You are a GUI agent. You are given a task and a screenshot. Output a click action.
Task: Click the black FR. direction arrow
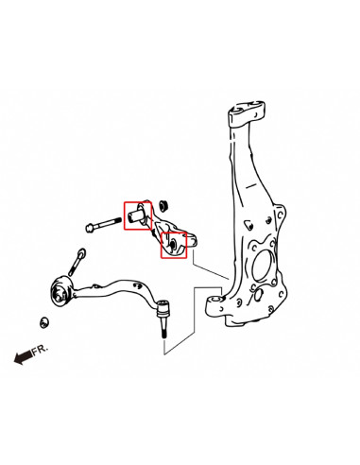21,356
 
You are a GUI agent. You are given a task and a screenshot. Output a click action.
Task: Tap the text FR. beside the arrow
39,350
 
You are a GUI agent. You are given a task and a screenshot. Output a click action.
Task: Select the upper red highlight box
138,215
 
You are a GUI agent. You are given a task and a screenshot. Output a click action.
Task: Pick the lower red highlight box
173,245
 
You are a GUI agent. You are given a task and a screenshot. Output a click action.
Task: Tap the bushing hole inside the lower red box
173,246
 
